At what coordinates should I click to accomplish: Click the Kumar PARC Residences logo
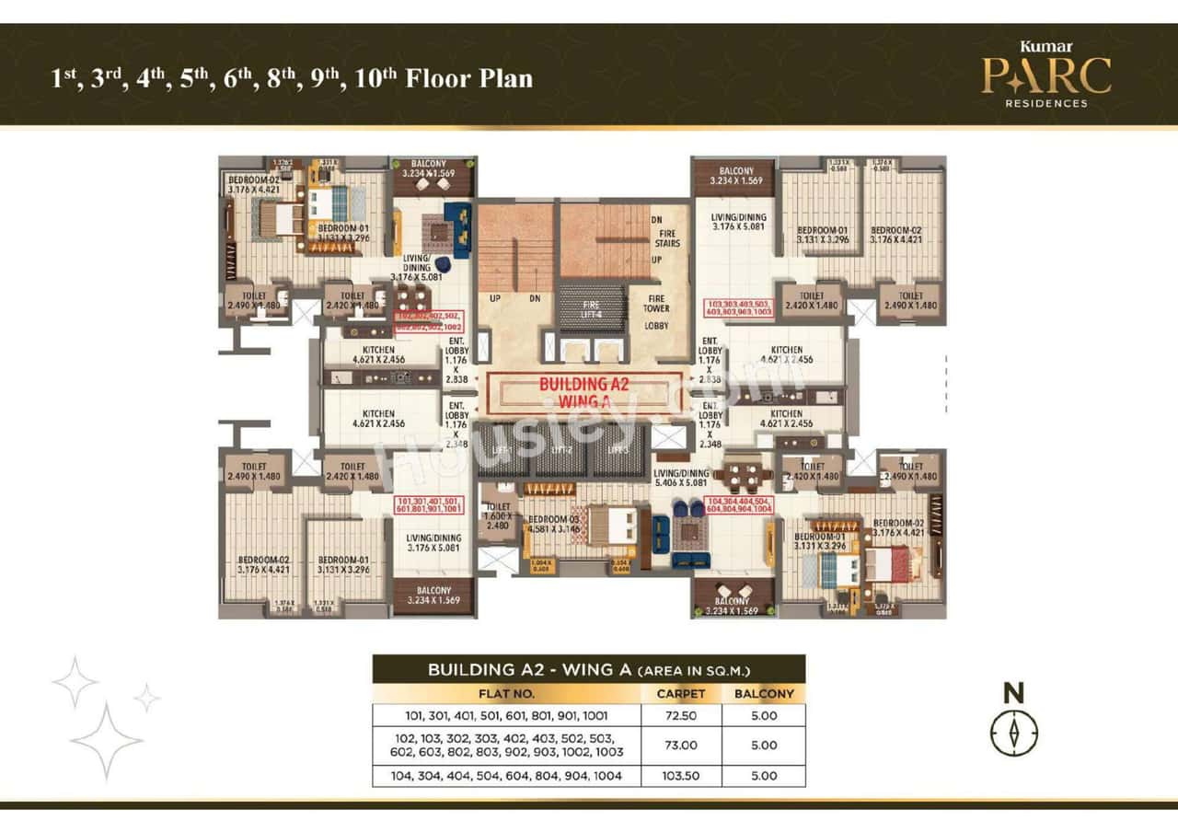point(1045,74)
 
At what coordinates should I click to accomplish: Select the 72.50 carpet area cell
point(680,715)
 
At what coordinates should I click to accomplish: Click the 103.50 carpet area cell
point(680,776)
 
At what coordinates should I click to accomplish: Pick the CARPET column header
point(680,694)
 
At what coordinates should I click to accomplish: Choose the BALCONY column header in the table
point(764,694)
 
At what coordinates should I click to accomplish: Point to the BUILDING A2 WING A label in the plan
point(583,392)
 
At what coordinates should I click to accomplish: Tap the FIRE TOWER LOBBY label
point(657,313)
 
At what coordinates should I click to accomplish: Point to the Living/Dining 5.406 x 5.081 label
point(681,477)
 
